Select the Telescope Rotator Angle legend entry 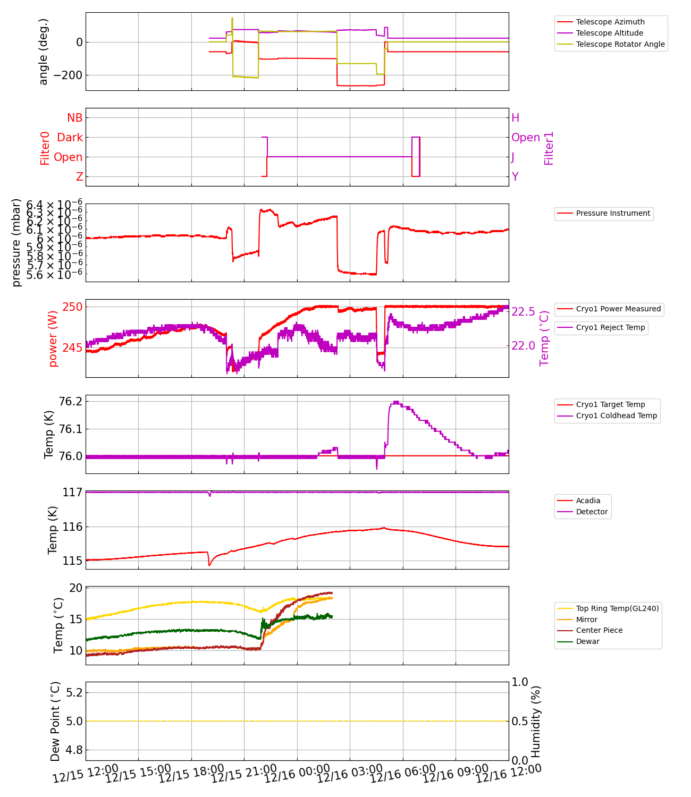[x=620, y=44]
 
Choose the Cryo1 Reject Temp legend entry [x=610, y=327]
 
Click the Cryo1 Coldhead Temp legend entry [x=616, y=416]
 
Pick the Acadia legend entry [x=588, y=501]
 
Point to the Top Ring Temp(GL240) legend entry [x=617, y=608]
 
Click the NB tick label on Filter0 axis [x=75, y=118]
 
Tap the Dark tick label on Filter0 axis [x=70, y=138]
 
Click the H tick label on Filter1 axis [x=515, y=118]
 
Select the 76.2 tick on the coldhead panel [x=71, y=401]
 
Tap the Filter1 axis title [x=549, y=148]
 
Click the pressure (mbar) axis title [x=16, y=242]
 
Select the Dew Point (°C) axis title [x=55, y=721]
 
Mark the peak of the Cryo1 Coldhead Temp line [x=396, y=402]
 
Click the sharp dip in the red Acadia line [x=209, y=565]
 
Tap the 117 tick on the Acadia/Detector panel [x=72, y=493]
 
